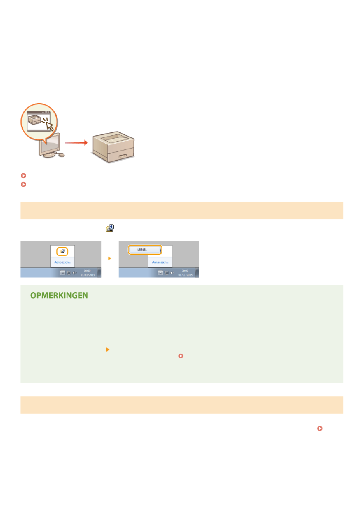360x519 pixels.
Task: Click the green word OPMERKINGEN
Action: [x=59, y=295]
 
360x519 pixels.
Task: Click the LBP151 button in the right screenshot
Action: [x=144, y=250]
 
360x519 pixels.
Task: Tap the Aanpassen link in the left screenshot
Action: [x=63, y=262]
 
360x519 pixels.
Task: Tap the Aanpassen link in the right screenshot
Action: [x=160, y=262]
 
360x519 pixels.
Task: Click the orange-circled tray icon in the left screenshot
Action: [x=63, y=251]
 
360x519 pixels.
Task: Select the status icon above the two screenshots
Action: [x=110, y=228]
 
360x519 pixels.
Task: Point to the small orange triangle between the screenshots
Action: [x=110, y=259]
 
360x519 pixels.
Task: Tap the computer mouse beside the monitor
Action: [x=61, y=154]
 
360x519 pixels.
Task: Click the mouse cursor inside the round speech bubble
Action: [x=49, y=125]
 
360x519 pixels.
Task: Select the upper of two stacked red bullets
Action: [x=23, y=176]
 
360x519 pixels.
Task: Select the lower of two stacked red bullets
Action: [x=23, y=185]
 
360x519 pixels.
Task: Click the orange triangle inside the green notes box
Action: [x=107, y=350]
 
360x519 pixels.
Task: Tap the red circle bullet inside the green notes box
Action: [x=181, y=356]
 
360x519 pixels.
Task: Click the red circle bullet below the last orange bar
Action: [x=320, y=428]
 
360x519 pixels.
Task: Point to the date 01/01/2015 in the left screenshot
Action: [x=88, y=275]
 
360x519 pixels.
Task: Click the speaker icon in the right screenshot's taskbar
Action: [x=172, y=273]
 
